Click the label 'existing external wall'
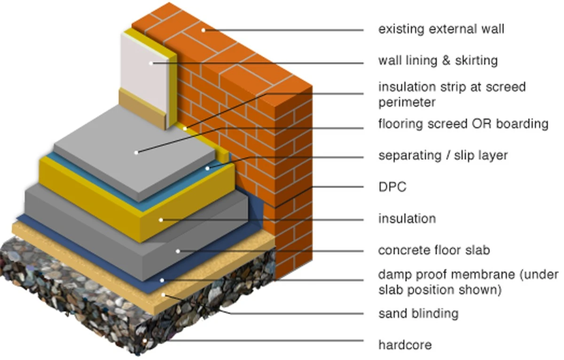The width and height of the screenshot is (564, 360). (x=441, y=29)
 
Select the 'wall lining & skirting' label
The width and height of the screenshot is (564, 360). (x=438, y=61)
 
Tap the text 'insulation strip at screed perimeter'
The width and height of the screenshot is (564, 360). (x=452, y=94)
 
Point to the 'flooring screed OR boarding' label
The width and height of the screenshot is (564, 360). (x=463, y=124)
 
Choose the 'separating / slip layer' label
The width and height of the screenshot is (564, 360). (x=443, y=155)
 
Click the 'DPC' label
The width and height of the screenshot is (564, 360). (x=392, y=187)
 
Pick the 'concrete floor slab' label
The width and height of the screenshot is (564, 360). (x=434, y=250)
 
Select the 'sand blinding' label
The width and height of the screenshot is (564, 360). (x=418, y=313)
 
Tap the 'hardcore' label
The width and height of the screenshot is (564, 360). (x=405, y=345)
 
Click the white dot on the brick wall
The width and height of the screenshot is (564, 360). (x=204, y=30)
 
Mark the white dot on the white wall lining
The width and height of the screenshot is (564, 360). (x=151, y=63)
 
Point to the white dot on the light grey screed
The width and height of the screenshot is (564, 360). (x=136, y=152)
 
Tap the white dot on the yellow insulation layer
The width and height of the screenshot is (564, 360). (x=161, y=219)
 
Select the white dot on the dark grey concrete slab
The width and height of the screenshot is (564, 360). (x=178, y=251)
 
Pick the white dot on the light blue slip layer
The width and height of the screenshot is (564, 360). (x=207, y=167)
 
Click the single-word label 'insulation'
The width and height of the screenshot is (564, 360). (x=407, y=219)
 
